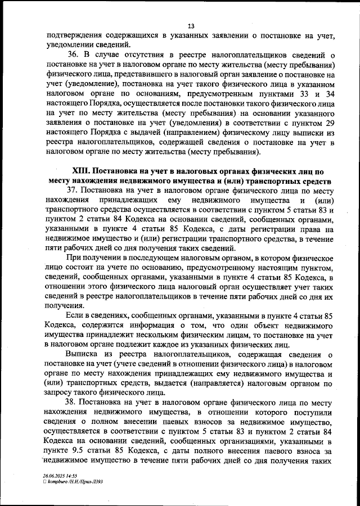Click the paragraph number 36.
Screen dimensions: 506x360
pyautogui.click(x=73, y=55)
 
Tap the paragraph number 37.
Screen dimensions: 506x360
pyautogui.click(x=73, y=191)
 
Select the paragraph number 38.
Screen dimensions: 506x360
pyautogui.click(x=73, y=403)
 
